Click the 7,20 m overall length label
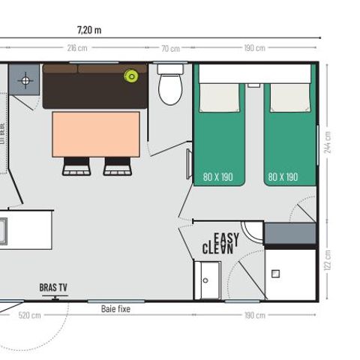point(89,30)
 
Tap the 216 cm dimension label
point(76,48)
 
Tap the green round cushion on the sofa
point(132,75)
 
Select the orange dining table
point(95,133)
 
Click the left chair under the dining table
point(76,166)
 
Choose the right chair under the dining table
point(117,166)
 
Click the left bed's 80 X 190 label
point(218,178)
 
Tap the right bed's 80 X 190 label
point(283,178)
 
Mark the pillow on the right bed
point(285,97)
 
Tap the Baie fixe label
point(115,307)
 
